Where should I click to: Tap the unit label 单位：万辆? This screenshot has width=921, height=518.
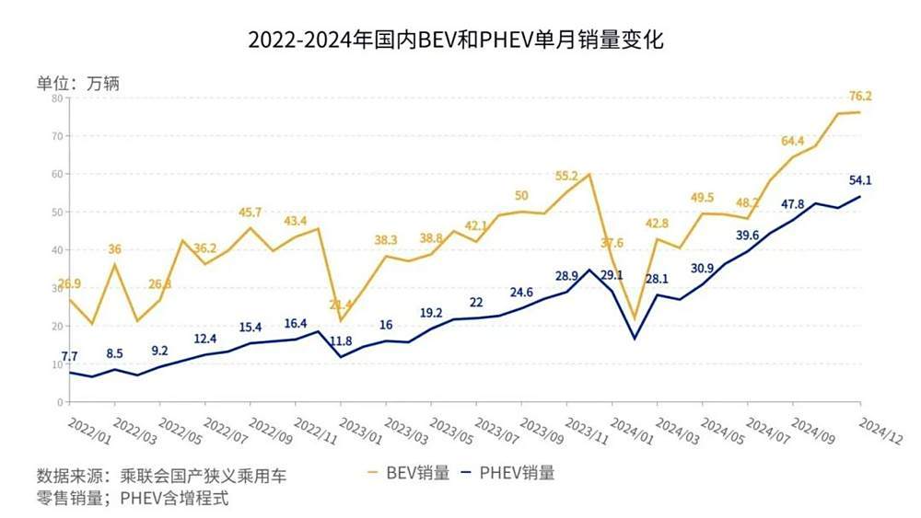78,83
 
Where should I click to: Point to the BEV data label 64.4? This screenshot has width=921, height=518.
794,141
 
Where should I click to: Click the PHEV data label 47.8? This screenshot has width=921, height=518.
794,204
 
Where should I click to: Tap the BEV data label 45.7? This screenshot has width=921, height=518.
251,213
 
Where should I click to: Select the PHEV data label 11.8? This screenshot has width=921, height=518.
341,340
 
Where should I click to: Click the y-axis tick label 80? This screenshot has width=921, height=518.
57,98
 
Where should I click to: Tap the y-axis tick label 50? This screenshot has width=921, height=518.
57,212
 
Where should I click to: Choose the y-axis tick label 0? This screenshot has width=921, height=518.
60,402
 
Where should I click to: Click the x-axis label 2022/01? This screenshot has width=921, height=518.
87,428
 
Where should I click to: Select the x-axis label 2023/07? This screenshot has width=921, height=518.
495,428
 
